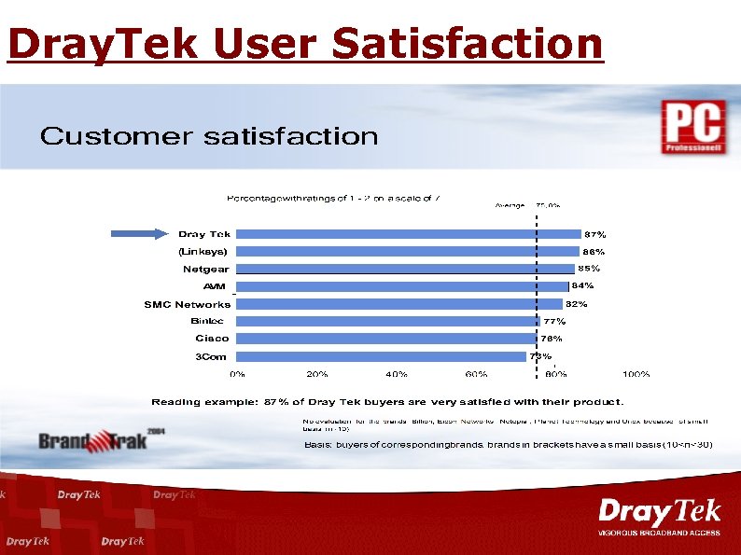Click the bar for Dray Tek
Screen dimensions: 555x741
(408, 234)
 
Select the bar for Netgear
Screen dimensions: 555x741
(404, 269)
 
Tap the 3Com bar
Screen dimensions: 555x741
(381, 356)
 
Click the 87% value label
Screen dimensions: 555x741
(594, 234)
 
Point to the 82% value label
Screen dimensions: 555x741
(576, 304)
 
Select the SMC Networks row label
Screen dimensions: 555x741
(187, 304)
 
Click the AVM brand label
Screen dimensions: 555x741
(215, 286)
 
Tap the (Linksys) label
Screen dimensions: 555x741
(203, 252)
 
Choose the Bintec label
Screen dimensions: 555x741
(207, 321)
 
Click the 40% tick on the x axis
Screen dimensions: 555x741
(397, 374)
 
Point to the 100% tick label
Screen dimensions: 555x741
(636, 374)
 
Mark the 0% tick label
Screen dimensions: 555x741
(238, 374)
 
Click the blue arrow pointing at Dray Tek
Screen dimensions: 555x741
(141, 234)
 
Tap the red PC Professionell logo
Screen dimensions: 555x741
(692, 127)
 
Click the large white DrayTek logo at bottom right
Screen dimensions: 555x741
(659, 514)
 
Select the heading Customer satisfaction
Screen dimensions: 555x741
(209, 137)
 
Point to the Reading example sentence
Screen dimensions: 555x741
(387, 402)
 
